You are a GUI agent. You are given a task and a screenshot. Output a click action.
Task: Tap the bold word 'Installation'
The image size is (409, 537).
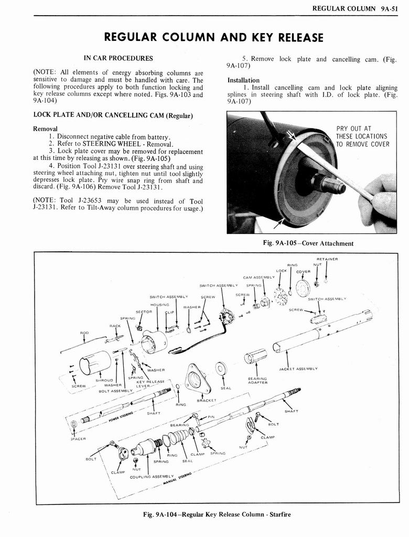coord(243,80)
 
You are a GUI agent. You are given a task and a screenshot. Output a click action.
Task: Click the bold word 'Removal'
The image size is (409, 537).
coord(45,128)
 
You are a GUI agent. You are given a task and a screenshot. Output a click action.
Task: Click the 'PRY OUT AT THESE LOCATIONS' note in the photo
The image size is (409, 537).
coord(362,136)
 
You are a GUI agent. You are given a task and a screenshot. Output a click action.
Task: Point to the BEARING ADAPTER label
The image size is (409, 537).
coord(258,380)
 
